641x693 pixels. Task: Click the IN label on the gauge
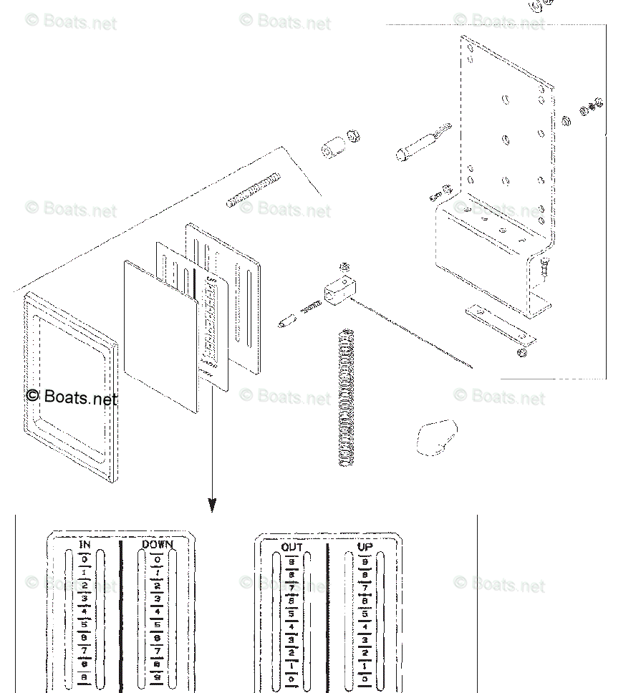pyautogui.click(x=85, y=546)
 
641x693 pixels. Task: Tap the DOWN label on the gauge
pyautogui.click(x=158, y=545)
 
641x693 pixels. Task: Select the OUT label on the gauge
pyautogui.click(x=291, y=548)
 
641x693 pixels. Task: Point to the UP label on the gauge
pyautogui.click(x=365, y=548)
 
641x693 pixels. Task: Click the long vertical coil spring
pyautogui.click(x=347, y=397)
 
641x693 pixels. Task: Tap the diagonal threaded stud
pyautogui.click(x=253, y=190)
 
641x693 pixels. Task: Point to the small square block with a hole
pyautogui.click(x=339, y=291)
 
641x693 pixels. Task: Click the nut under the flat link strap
pyautogui.click(x=522, y=352)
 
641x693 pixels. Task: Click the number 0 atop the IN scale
pyautogui.click(x=85, y=559)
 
